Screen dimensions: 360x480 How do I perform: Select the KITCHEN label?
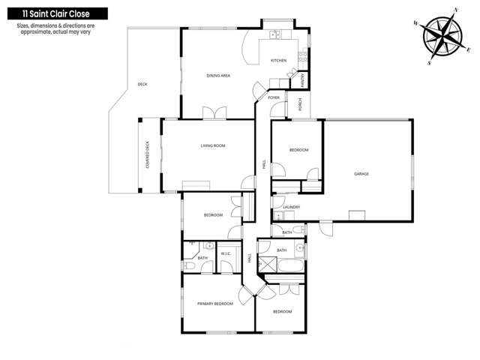278,61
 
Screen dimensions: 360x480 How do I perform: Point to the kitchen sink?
274,34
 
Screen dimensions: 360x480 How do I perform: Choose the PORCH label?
300,107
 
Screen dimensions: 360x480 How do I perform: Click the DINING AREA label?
217,76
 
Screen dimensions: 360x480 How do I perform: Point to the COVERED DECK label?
148,155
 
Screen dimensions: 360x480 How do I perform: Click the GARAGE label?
361,173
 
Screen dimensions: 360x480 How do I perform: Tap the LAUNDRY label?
291,207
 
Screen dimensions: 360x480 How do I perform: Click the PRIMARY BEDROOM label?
215,304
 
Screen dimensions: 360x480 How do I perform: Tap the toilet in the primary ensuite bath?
190,265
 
